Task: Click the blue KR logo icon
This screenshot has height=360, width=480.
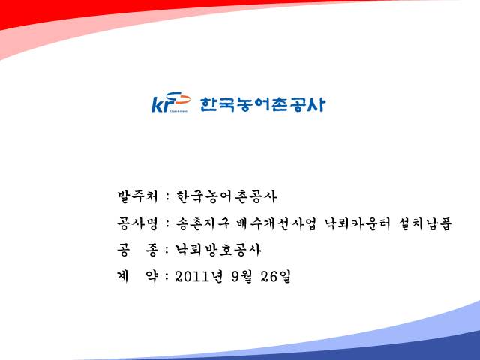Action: point(171,102)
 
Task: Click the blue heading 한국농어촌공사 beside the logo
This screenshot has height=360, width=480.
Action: point(262,104)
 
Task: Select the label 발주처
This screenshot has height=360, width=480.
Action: point(137,196)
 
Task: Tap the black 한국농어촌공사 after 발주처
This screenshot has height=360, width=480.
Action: point(226,196)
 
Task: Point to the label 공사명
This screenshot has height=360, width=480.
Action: point(137,223)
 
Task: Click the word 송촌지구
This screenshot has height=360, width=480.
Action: point(202,223)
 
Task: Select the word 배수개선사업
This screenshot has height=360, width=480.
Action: point(277,223)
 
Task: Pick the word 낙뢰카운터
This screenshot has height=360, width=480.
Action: point(358,223)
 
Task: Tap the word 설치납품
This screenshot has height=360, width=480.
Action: point(425,223)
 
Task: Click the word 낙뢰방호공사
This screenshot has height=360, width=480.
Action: point(218,250)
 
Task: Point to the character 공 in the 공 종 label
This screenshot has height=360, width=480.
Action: point(123,250)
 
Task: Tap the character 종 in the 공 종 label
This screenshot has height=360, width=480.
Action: point(151,250)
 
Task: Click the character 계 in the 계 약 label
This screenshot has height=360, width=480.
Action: point(123,277)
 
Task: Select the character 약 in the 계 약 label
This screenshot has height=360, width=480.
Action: point(151,277)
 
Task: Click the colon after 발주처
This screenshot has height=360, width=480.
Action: point(167,196)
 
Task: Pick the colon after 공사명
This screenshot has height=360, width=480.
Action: point(167,223)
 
